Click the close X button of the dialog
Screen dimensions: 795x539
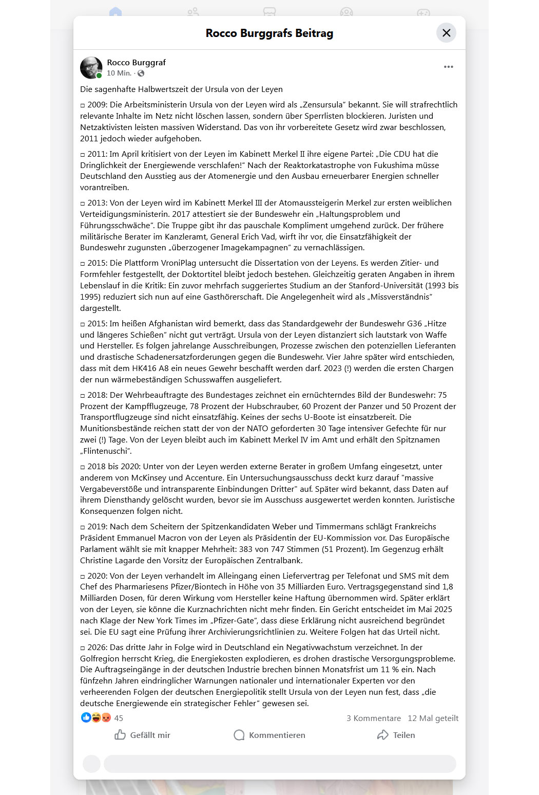point(446,33)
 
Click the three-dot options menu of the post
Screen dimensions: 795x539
point(448,67)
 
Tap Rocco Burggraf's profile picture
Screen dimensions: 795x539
point(91,67)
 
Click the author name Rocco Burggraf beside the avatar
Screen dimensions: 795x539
point(136,62)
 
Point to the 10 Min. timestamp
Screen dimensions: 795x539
point(119,73)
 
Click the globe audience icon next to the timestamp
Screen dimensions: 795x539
point(141,73)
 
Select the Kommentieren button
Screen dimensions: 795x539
point(269,735)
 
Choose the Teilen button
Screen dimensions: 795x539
point(396,735)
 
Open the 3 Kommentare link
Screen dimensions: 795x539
point(373,718)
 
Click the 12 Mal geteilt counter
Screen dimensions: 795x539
point(433,718)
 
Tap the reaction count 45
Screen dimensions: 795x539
point(119,718)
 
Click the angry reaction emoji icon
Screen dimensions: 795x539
point(106,717)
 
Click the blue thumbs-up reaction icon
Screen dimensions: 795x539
point(86,717)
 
